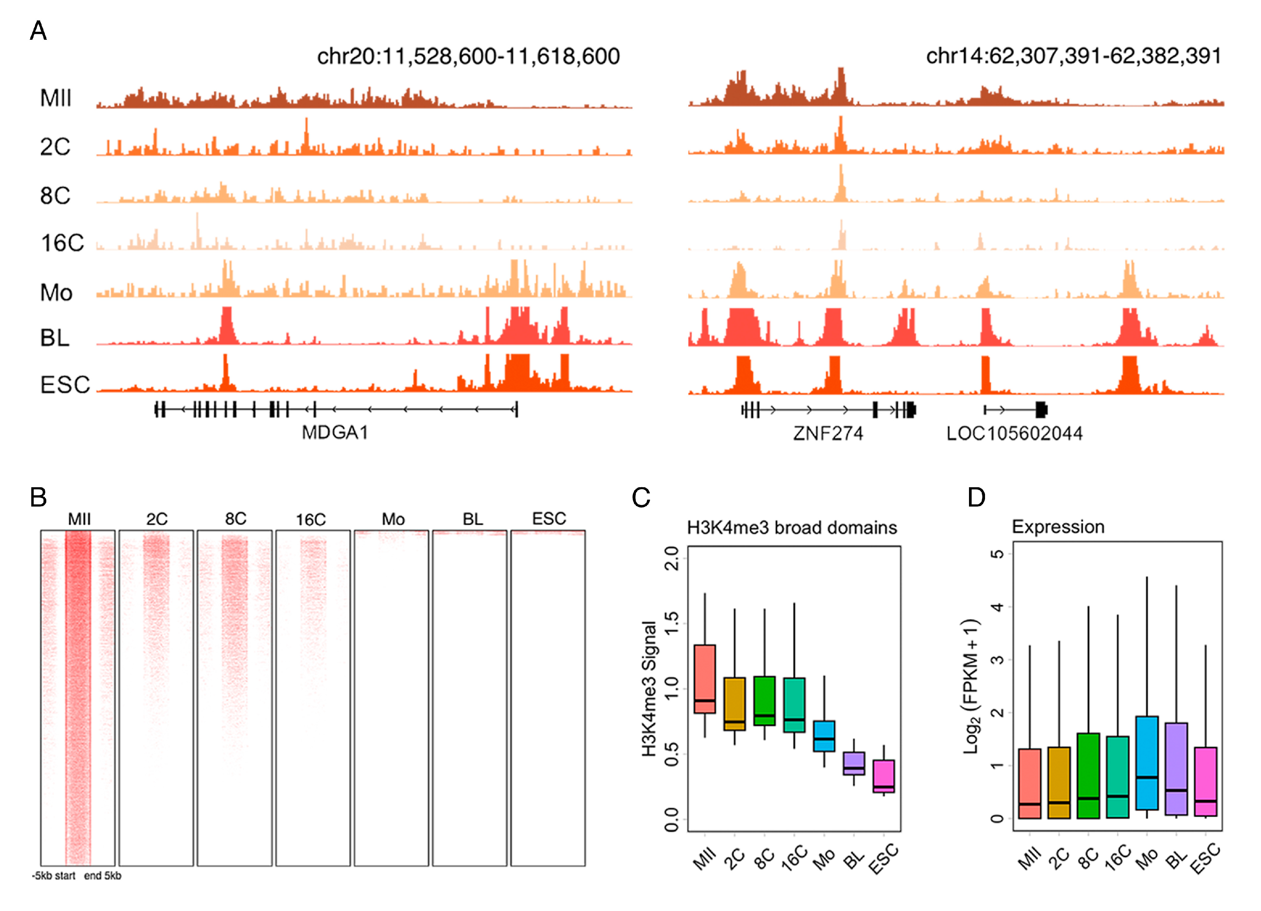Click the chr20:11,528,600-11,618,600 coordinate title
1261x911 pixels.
coord(468,56)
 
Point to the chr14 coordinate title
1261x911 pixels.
coord(1073,56)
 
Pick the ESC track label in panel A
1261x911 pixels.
coord(65,385)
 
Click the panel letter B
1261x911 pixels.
coord(38,497)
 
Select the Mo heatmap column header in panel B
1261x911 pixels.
coord(393,519)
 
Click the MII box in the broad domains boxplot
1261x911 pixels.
coord(704,679)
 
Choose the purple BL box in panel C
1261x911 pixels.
coord(853,763)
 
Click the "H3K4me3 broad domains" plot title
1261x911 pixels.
coord(792,527)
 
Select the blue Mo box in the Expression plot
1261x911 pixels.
coord(1147,762)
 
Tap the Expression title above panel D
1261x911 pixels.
coord(1058,527)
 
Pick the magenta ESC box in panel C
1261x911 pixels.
coord(883,776)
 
